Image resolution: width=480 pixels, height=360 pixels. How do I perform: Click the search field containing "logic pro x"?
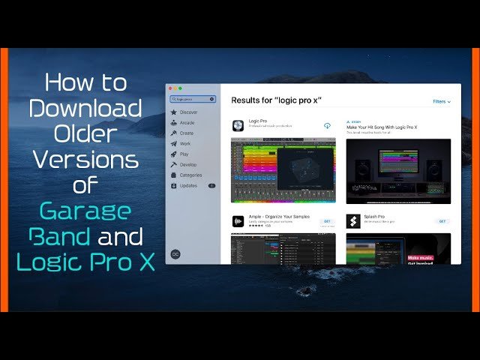tap(193, 98)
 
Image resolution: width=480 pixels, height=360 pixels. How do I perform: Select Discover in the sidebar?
tap(187, 112)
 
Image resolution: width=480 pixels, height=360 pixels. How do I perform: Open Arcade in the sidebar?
tap(187, 122)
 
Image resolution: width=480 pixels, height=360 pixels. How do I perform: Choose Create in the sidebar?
tap(186, 133)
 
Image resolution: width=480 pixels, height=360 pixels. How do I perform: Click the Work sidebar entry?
tap(184, 143)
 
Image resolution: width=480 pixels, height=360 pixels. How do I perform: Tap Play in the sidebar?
tap(184, 154)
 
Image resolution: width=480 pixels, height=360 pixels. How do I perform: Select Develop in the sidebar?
tap(187, 164)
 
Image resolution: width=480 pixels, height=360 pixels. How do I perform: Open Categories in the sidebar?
tap(190, 175)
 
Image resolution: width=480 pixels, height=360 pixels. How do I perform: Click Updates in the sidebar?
tap(188, 185)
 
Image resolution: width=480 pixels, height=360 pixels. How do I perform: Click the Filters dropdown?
tap(442, 100)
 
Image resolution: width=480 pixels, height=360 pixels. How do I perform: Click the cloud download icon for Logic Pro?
tap(327, 125)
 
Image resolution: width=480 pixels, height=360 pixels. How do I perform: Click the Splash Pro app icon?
tap(352, 221)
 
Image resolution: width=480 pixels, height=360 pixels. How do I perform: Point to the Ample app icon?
tap(238, 221)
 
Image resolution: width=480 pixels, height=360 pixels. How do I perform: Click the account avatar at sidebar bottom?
tap(175, 254)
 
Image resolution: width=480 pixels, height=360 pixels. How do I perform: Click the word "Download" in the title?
tap(85, 108)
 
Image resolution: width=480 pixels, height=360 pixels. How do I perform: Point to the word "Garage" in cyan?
tap(85, 211)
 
